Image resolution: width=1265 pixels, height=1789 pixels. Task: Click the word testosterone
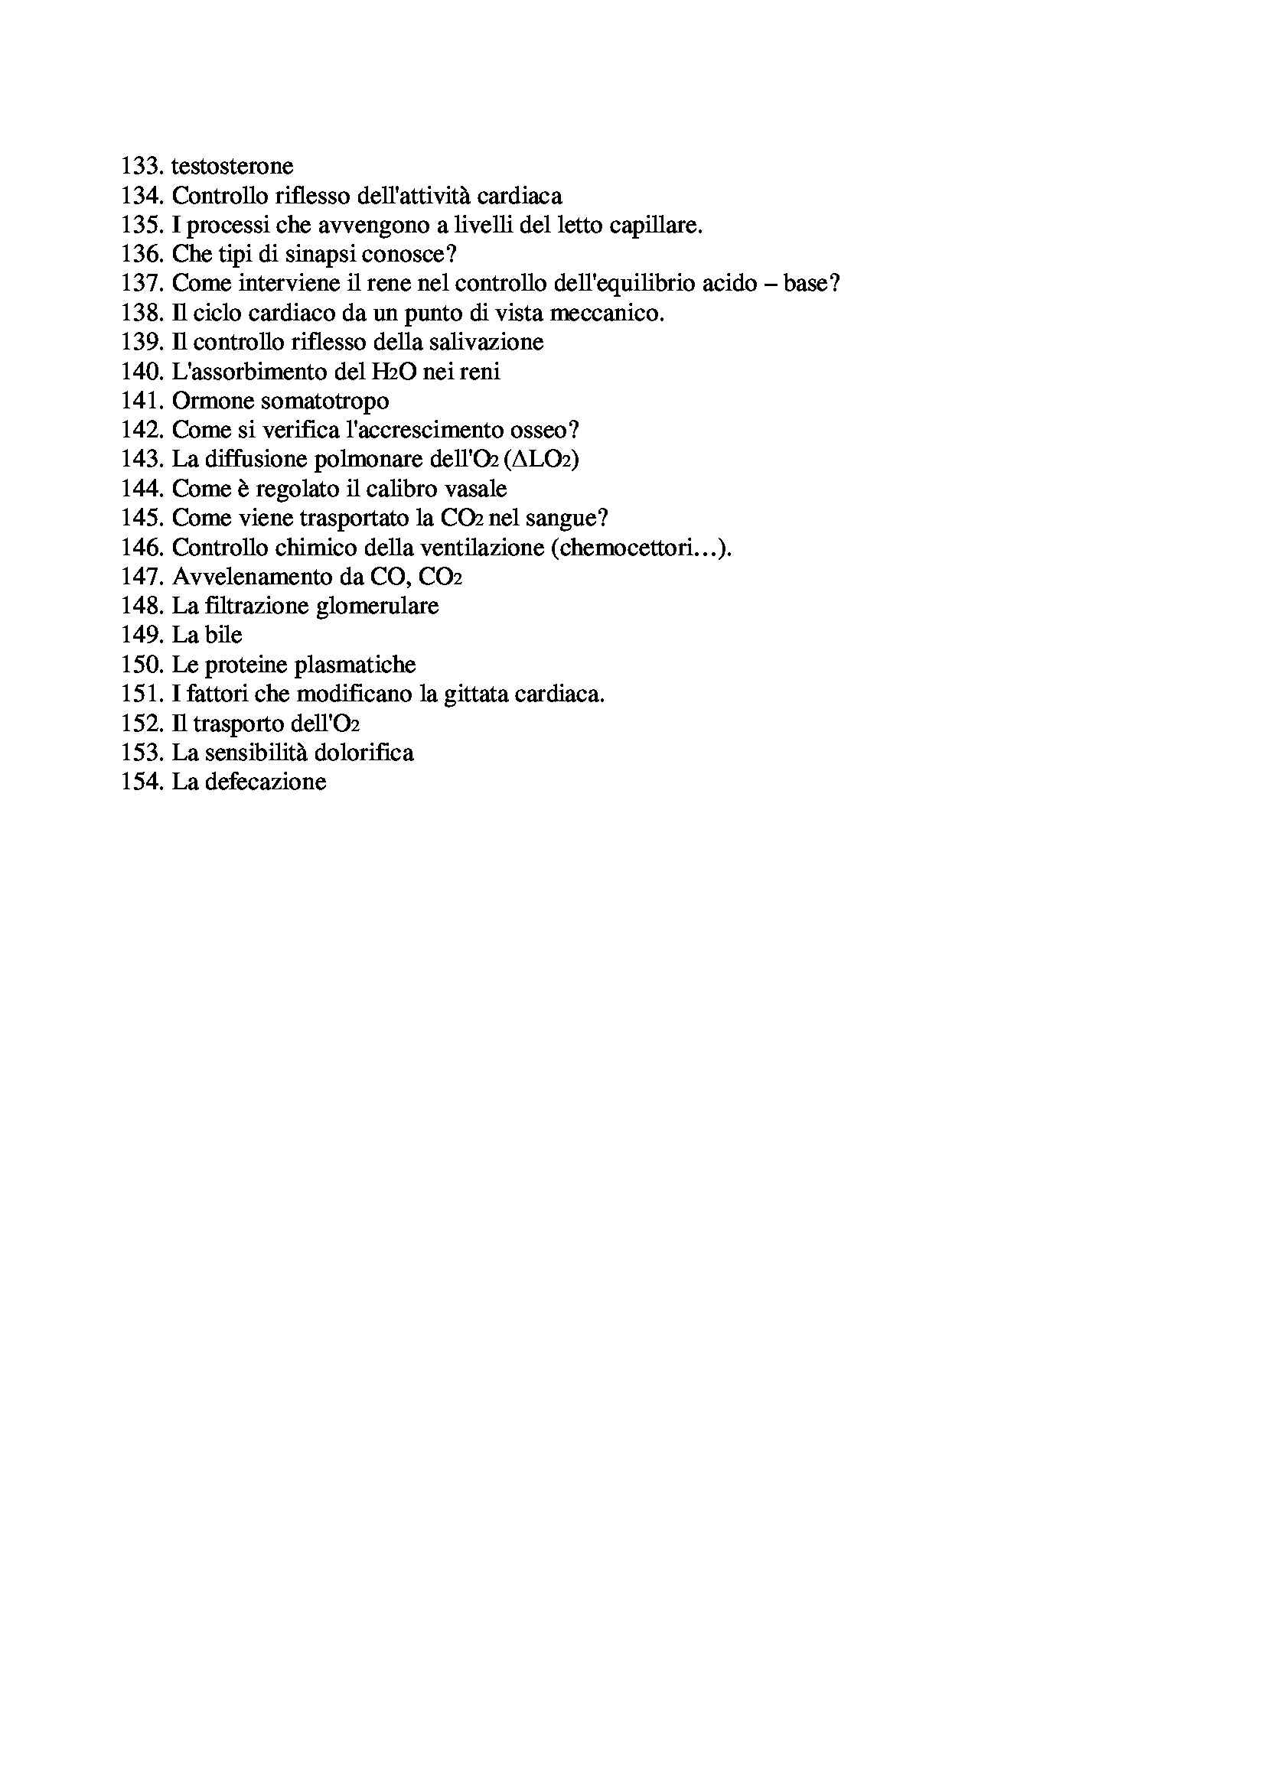coord(233,166)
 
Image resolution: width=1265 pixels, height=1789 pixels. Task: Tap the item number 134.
coord(142,196)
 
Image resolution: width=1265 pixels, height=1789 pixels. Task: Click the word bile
coord(223,636)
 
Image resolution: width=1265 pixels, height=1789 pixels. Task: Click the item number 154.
coord(142,782)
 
